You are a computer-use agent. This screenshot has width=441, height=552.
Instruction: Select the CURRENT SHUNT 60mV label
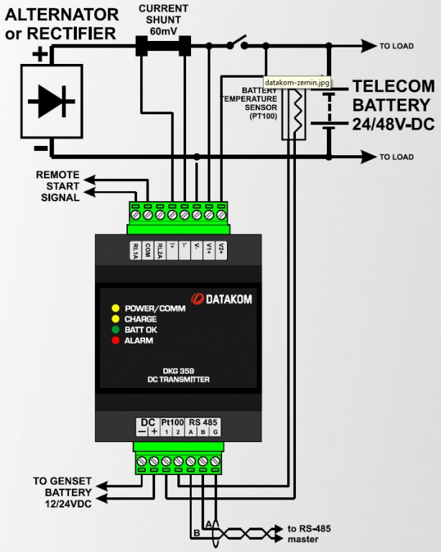[x=164, y=20]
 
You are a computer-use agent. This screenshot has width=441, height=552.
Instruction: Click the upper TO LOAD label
[x=396, y=46]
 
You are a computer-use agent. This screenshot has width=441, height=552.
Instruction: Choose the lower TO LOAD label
[x=396, y=157]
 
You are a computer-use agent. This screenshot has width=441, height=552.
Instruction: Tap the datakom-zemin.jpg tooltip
[x=297, y=83]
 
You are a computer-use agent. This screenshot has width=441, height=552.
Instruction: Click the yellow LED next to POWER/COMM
[x=114, y=308]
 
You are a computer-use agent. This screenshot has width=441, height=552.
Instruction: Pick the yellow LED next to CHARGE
[x=114, y=319]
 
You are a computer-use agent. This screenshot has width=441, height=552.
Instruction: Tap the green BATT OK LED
[x=114, y=330]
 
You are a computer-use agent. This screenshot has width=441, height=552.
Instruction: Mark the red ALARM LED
[x=114, y=341]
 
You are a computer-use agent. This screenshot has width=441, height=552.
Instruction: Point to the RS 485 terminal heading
[x=203, y=422]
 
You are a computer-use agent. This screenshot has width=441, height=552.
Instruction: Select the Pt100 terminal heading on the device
[x=172, y=422]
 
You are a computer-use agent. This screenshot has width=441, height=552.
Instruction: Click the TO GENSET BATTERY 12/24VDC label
[x=62, y=492]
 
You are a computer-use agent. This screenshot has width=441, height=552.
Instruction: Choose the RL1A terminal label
[x=135, y=250]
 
